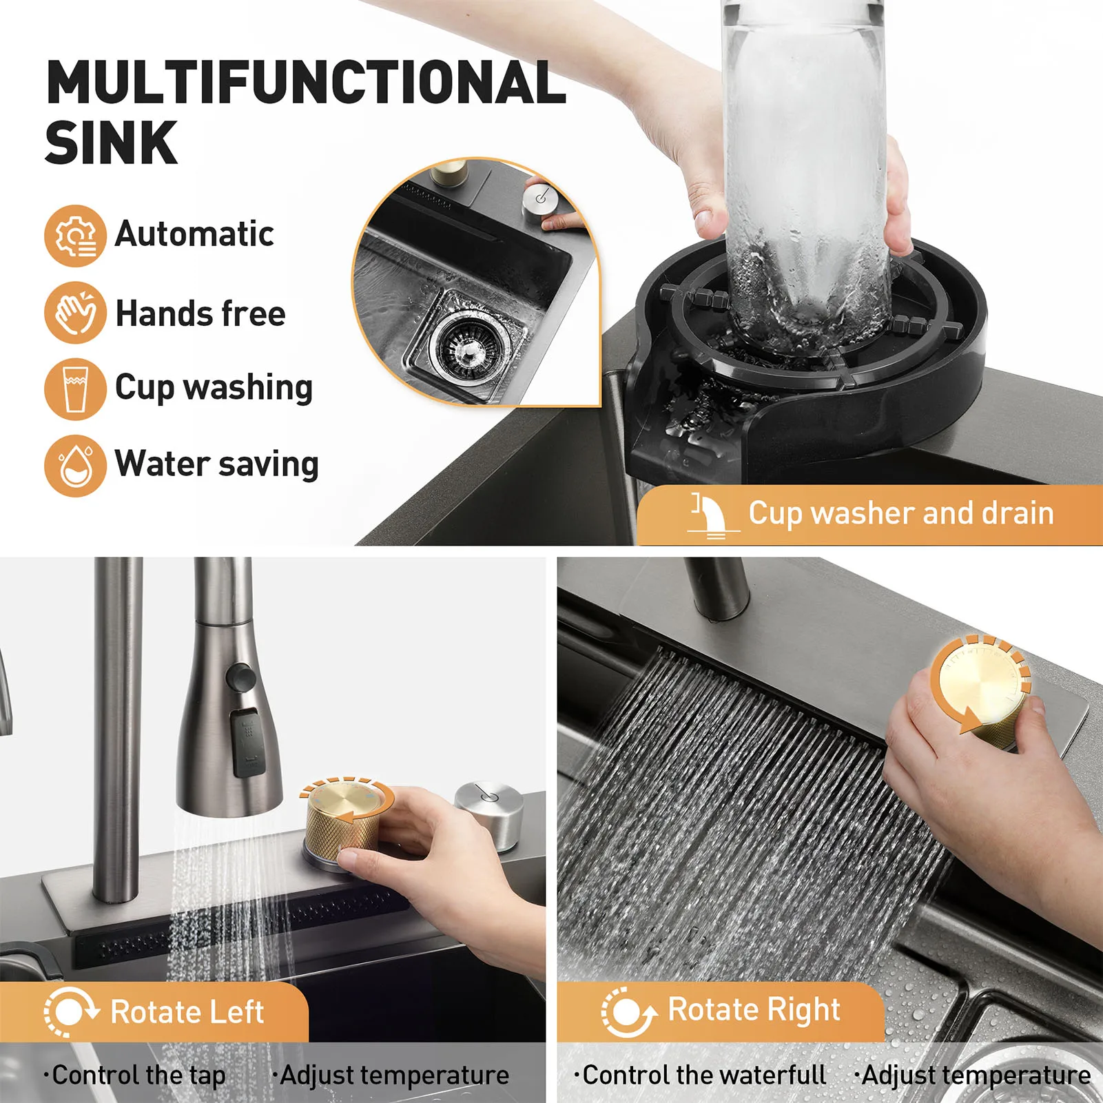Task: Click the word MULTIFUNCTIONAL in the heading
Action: (306, 83)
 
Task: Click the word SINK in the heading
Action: (111, 143)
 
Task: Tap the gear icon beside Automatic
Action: (75, 236)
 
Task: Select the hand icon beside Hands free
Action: (75, 312)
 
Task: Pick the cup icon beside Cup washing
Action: (75, 389)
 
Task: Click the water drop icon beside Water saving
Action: (75, 466)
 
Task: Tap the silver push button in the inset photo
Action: (540, 200)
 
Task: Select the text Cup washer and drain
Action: (901, 513)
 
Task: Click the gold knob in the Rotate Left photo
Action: (343, 821)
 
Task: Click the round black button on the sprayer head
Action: (241, 677)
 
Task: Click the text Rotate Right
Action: (754, 1009)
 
